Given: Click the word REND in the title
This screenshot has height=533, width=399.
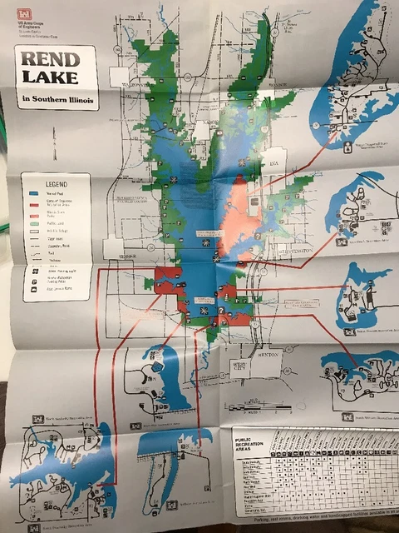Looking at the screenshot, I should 51,60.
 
